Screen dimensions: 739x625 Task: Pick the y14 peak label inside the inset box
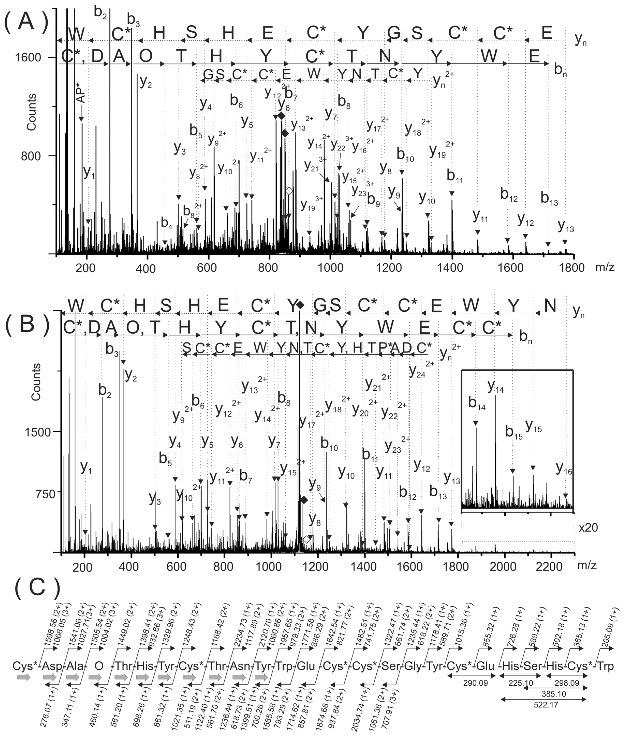(495, 386)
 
